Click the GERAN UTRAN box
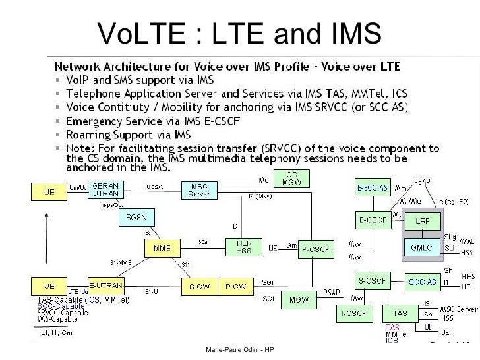coord(105,190)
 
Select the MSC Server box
coord(199,190)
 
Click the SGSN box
coord(136,217)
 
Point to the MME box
coord(162,248)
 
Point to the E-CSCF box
coord(372,218)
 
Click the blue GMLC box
coord(421,247)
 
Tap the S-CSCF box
coord(372,281)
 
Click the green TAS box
coord(400,313)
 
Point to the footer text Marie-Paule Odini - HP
coord(240,349)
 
